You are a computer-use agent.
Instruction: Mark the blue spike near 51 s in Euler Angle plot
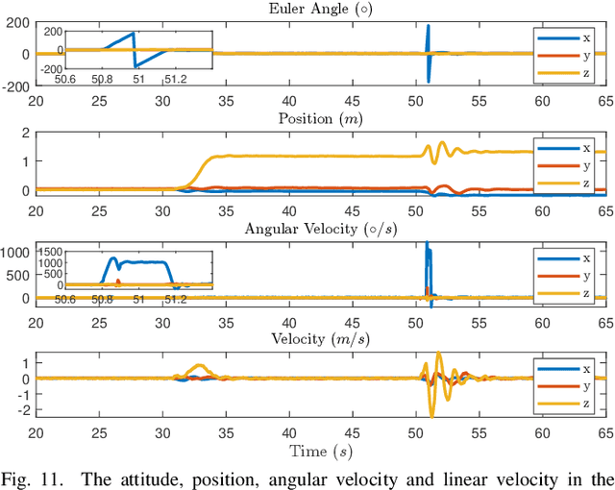[x=429, y=38]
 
